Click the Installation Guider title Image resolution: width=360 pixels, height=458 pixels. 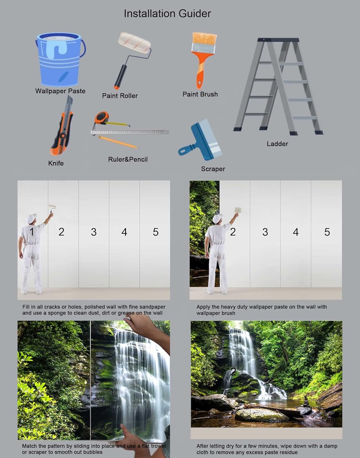tap(167, 13)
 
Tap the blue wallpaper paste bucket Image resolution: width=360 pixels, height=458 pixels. tap(59, 60)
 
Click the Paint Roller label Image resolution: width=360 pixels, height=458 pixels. tap(120, 96)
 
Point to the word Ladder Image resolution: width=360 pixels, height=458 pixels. tap(277, 144)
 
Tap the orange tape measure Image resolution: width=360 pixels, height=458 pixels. tap(102, 118)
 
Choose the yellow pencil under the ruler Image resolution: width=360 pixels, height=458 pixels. tap(118, 142)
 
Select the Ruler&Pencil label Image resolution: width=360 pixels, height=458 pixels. tap(128, 159)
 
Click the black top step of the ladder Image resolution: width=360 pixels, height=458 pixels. tap(278, 40)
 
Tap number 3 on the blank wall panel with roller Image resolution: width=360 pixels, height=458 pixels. tap(94, 232)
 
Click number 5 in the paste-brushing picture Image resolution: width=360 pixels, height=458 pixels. tap(327, 232)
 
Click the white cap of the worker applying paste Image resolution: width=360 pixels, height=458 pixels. tap(217, 218)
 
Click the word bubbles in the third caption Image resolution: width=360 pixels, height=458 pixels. tap(92, 452)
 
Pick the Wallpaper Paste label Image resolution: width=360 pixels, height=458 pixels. tap(60, 91)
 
